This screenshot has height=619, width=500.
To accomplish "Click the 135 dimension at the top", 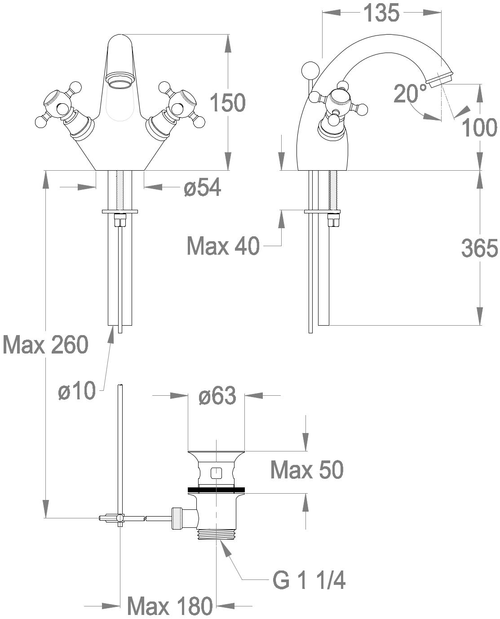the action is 381,13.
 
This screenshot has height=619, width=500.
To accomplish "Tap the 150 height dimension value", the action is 227,102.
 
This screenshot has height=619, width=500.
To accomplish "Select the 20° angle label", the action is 411,93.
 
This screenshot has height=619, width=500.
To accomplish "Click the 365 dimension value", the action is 480,248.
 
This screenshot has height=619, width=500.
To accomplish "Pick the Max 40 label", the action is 223,246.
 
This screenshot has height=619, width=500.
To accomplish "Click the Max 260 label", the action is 45,345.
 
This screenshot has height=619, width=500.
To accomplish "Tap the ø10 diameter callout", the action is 77,390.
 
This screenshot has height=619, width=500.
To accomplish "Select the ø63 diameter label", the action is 217,395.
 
